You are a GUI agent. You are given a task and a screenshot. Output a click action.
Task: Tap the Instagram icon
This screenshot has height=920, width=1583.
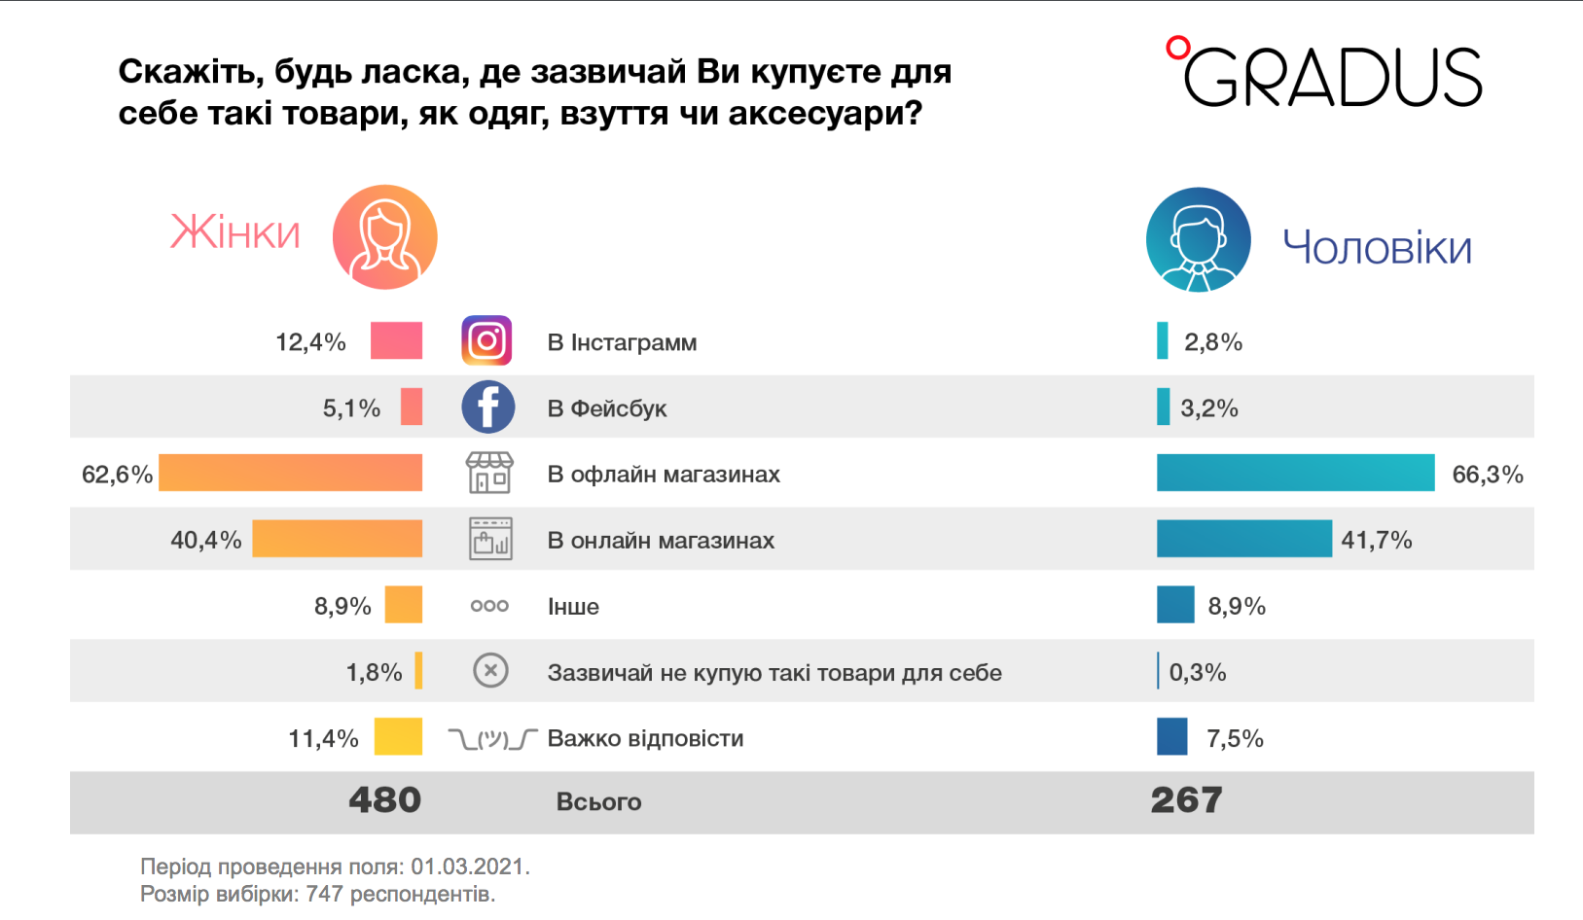pyautogui.click(x=486, y=341)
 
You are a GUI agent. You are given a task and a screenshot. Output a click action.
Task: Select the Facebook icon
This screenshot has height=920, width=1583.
pyautogui.click(x=487, y=407)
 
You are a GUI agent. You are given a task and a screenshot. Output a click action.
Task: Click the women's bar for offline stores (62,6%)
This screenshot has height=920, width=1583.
pyautogui.click(x=290, y=473)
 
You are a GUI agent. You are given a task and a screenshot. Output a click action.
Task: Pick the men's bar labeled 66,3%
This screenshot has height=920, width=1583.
pyautogui.click(x=1295, y=473)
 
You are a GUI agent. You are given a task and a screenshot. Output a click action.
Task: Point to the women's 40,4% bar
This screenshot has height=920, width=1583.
pyautogui.click(x=337, y=539)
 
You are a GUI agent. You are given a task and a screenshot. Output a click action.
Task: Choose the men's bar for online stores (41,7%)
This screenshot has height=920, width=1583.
pyautogui.click(x=1243, y=539)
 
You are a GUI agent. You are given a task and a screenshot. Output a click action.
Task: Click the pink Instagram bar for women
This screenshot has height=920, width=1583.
pyautogui.click(x=396, y=341)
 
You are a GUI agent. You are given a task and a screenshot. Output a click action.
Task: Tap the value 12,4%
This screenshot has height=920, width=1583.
pyautogui.click(x=310, y=342)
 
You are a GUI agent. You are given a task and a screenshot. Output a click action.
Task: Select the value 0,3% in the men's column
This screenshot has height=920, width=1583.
pyautogui.click(x=1198, y=672)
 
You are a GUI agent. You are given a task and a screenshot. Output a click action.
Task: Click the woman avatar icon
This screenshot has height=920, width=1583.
pyautogui.click(x=385, y=237)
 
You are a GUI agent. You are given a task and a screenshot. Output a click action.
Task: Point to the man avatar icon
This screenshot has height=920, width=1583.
pyautogui.click(x=1198, y=240)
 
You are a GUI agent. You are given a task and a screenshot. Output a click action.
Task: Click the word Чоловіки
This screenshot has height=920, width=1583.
pyautogui.click(x=1377, y=248)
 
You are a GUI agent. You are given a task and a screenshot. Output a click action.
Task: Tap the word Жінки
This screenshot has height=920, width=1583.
pyautogui.click(x=235, y=233)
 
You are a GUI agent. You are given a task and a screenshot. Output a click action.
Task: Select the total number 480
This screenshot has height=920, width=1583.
pyautogui.click(x=385, y=800)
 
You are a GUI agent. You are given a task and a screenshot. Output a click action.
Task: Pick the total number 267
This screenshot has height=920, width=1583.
pyautogui.click(x=1186, y=800)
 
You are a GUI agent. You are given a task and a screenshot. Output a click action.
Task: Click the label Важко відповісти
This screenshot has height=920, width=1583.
pyautogui.click(x=645, y=738)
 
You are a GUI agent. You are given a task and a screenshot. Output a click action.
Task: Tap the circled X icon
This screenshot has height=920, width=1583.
pyautogui.click(x=490, y=671)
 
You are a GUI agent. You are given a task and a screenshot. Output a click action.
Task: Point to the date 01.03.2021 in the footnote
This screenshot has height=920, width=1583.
pyautogui.click(x=468, y=867)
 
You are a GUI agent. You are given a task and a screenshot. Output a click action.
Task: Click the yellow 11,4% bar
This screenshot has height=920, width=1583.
pyautogui.click(x=398, y=737)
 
